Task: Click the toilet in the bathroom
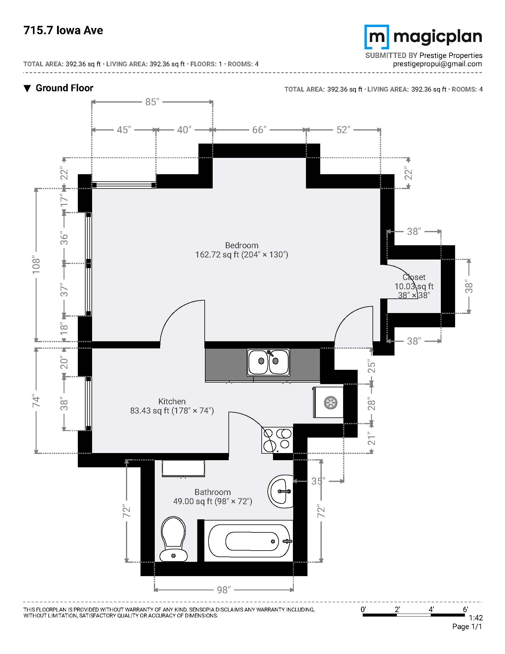click(173, 539)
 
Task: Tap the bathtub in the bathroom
click(249, 541)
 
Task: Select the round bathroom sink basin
click(281, 491)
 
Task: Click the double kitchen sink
click(268, 362)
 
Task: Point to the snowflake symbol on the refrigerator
click(331, 403)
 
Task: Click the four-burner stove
click(277, 440)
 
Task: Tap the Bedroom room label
click(242, 245)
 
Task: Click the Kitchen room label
click(172, 401)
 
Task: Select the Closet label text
click(414, 277)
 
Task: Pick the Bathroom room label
click(213, 492)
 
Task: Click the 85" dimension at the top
click(152, 102)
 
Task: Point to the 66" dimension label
click(259, 130)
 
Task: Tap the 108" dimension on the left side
click(36, 265)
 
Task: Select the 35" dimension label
click(318, 481)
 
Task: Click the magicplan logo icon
click(377, 37)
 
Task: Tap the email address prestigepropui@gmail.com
click(437, 64)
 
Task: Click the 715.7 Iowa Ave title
click(63, 30)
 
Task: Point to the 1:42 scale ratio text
click(476, 618)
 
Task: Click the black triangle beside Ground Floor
click(27, 89)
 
